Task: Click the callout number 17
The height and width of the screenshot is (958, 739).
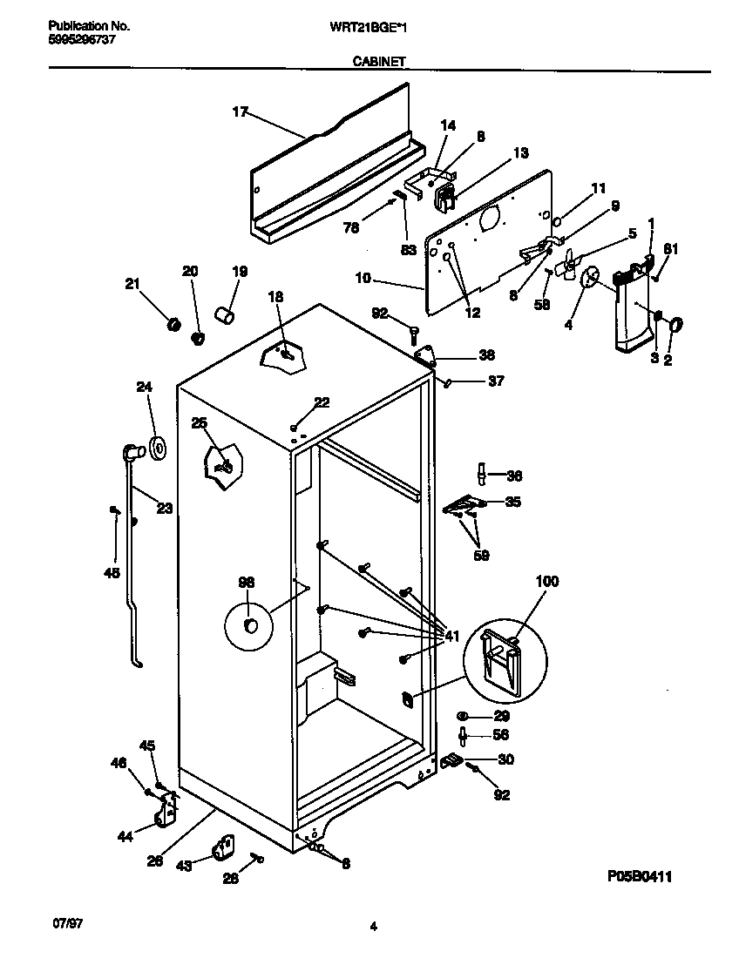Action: (x=241, y=111)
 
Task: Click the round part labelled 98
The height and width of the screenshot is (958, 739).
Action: (x=249, y=626)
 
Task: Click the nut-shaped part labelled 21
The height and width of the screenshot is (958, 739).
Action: (x=173, y=325)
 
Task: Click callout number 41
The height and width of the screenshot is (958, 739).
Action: (x=452, y=634)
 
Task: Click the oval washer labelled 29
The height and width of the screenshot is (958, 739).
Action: (x=464, y=715)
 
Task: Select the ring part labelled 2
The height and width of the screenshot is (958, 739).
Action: (x=675, y=326)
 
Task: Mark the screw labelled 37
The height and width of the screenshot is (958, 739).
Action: (x=446, y=381)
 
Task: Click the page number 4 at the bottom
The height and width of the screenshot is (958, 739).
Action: (x=373, y=928)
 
